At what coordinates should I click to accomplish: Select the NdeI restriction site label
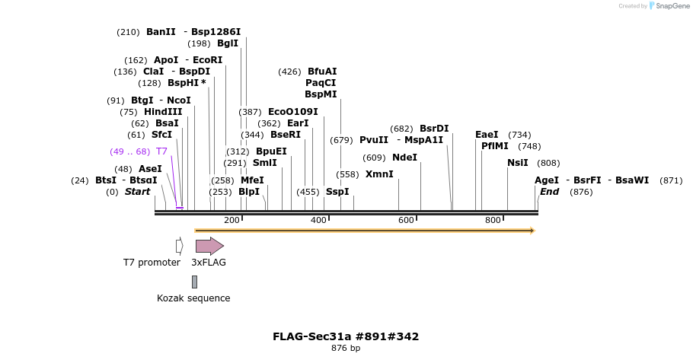tap(404, 158)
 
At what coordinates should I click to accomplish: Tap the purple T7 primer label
tap(161, 151)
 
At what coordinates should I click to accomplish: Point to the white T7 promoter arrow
tap(179, 246)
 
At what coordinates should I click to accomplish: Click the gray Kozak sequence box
tap(194, 282)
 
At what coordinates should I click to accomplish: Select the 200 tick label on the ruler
tap(232, 220)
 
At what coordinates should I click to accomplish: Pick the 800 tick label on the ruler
tap(493, 220)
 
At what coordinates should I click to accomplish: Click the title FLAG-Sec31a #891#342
tap(346, 336)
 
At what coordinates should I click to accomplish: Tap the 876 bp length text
tap(346, 349)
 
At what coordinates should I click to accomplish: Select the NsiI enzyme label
tap(517, 163)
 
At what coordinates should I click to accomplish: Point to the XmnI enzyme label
tap(379, 174)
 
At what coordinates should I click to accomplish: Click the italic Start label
tap(137, 192)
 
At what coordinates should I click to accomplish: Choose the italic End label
tap(549, 192)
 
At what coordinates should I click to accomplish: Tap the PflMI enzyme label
tap(494, 146)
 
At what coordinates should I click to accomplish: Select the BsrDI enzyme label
tap(434, 129)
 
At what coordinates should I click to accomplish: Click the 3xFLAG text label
tap(208, 263)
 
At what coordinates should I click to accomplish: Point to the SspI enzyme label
tap(337, 192)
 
